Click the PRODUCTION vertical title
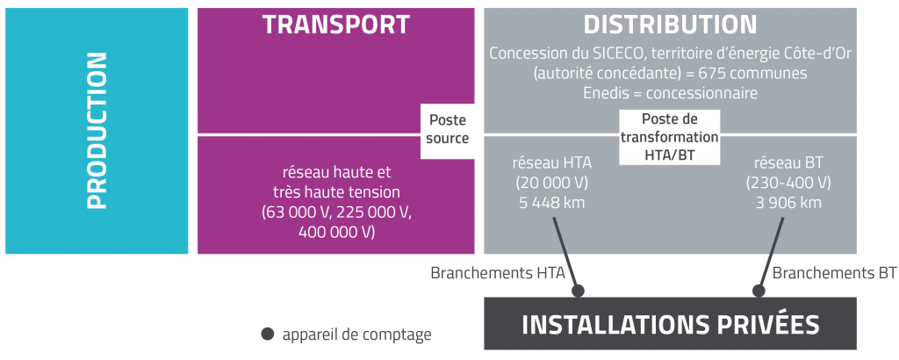97,131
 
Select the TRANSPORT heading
335,25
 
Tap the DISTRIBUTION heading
670,25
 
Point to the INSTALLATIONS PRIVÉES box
670,324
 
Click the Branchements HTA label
497,273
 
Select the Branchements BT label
834,273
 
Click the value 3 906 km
788,203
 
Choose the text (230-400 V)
788,183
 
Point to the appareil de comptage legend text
356,335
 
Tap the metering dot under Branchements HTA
578,290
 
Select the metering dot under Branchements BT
760,290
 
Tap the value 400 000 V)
337,232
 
